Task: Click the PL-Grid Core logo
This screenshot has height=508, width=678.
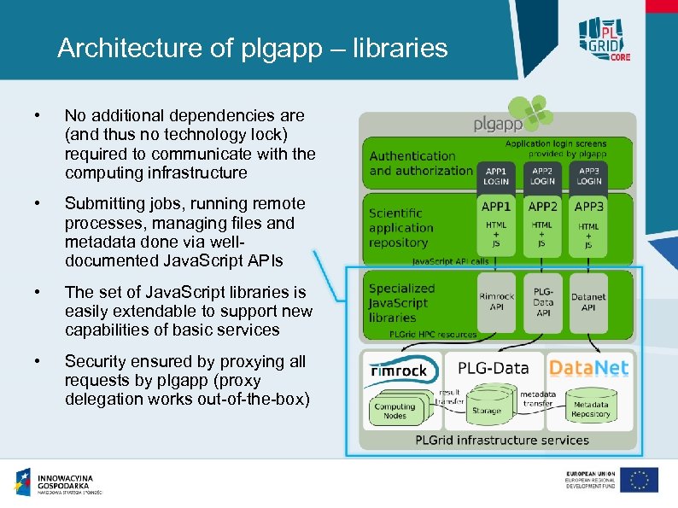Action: pyautogui.click(x=603, y=38)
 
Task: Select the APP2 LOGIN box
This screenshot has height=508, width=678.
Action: pyautogui.click(x=542, y=175)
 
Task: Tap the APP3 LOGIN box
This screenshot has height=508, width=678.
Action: pyautogui.click(x=589, y=175)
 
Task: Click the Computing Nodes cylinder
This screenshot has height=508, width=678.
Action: pyautogui.click(x=395, y=410)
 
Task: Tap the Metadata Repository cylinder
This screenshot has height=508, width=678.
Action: pyautogui.click(x=591, y=411)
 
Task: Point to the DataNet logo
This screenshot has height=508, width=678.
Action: pyautogui.click(x=588, y=368)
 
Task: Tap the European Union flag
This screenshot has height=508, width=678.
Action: pyautogui.click(x=639, y=480)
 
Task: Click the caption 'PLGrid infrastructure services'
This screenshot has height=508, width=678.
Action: pyautogui.click(x=502, y=441)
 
